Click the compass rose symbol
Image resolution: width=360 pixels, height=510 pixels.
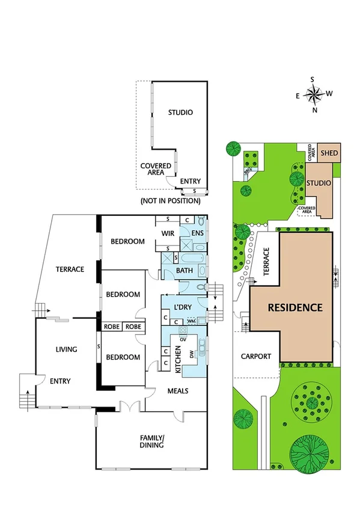[x=313, y=94]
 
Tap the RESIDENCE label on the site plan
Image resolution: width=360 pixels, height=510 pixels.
[x=295, y=307]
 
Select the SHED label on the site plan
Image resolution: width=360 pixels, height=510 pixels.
[x=329, y=153]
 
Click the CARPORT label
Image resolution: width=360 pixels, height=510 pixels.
[x=256, y=356]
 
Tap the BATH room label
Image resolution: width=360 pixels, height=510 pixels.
[x=184, y=271]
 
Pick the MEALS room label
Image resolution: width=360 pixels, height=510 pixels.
[x=177, y=390]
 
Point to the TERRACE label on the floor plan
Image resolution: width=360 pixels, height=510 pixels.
[x=70, y=269]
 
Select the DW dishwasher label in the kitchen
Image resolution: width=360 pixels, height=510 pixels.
[x=192, y=355]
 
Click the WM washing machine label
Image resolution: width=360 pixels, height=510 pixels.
[x=191, y=321]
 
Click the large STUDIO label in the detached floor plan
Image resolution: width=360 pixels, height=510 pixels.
[x=180, y=112]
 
